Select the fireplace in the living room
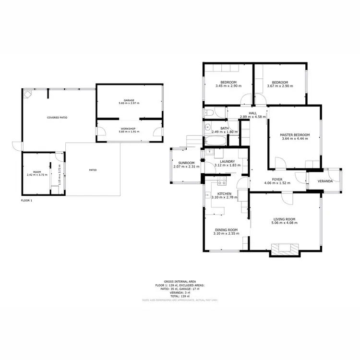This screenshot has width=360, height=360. (285, 249)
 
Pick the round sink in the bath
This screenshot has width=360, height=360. (208, 128)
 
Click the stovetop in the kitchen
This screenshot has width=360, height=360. (222, 182)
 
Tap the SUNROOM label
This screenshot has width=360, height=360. (186, 163)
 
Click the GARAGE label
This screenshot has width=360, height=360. (129, 100)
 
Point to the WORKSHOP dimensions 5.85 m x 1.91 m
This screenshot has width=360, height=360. (129, 132)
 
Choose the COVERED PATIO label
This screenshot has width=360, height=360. (57, 117)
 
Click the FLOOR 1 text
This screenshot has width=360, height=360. (26, 200)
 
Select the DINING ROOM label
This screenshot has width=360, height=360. (226, 230)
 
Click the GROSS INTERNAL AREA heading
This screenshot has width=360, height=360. (180, 282)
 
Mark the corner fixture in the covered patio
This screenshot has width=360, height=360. (27, 94)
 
